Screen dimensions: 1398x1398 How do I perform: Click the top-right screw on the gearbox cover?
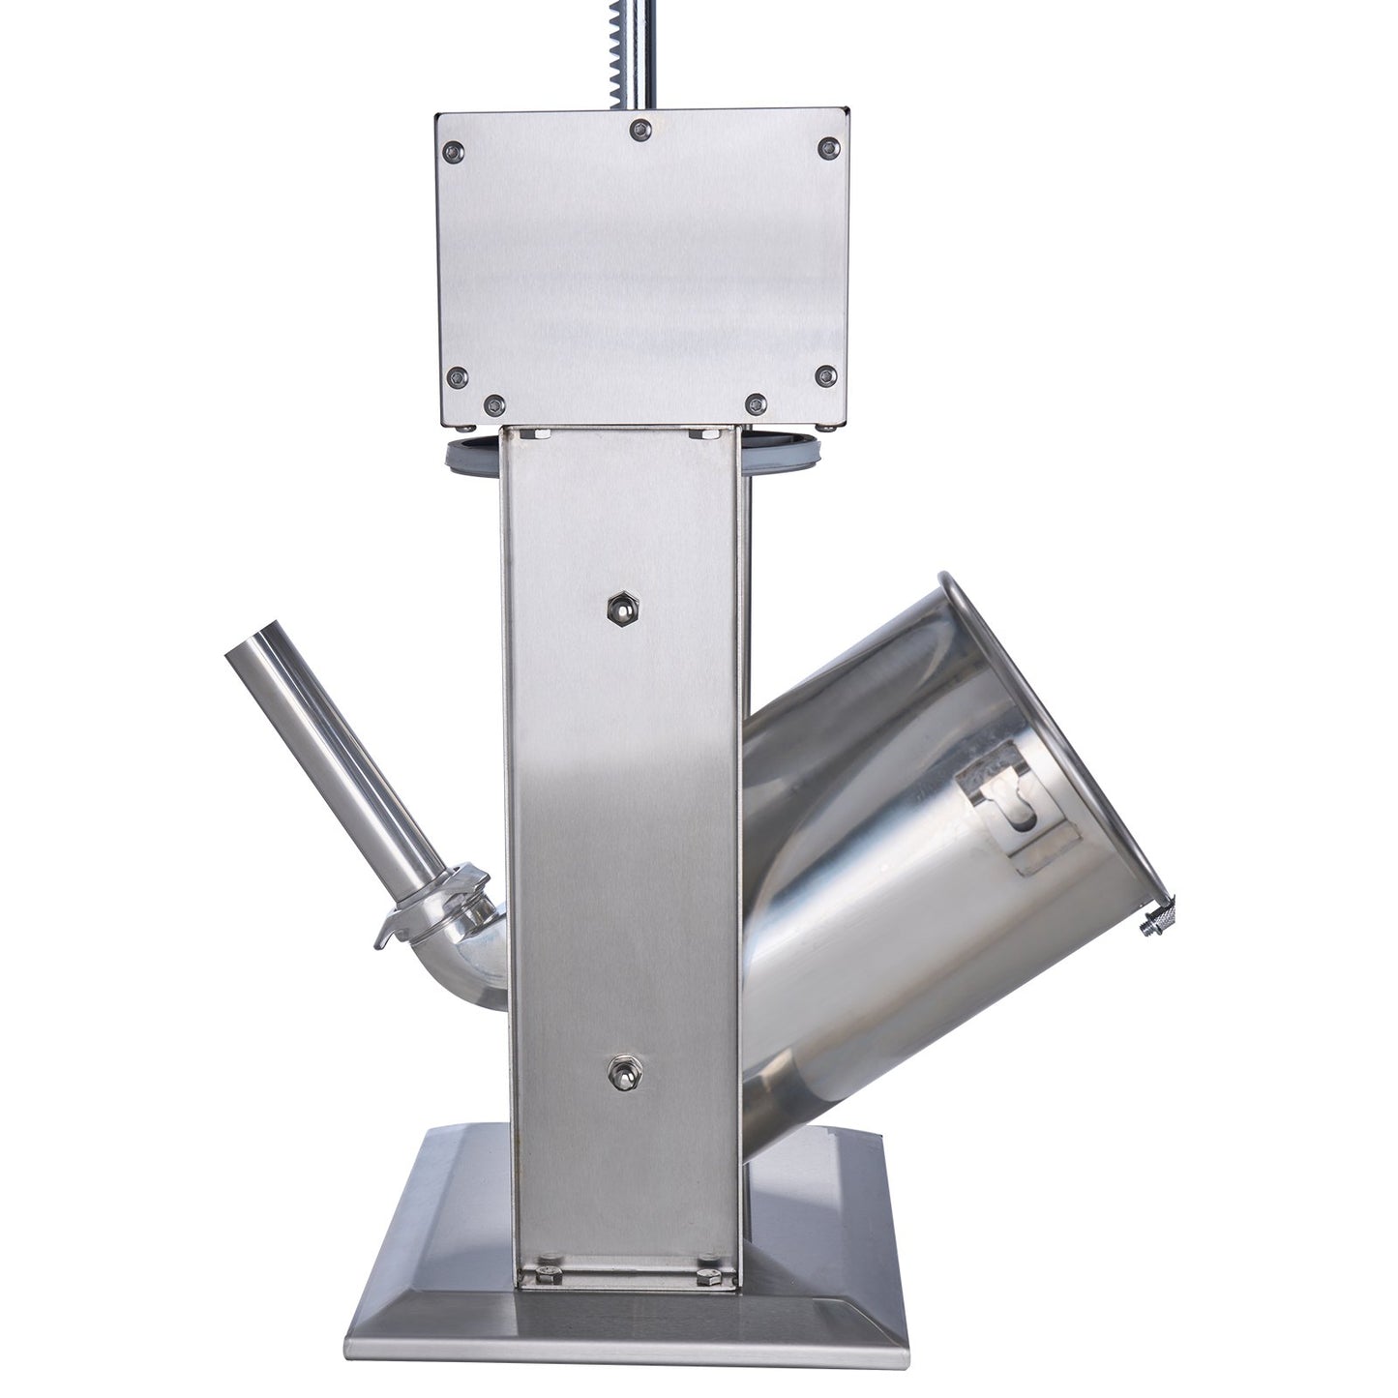828,147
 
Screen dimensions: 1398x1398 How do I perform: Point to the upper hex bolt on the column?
617,608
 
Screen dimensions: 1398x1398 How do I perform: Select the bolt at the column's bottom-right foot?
703,1246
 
